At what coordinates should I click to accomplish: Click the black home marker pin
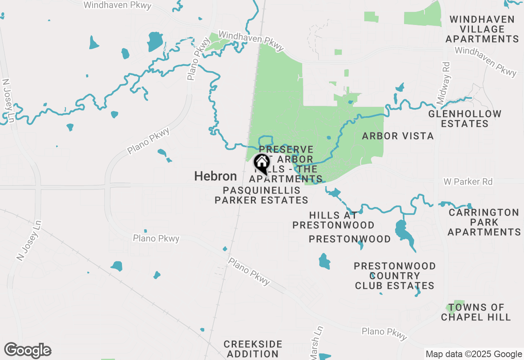pos(262,164)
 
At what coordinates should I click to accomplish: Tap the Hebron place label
pos(215,176)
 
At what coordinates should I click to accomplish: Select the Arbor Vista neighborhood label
pos(398,136)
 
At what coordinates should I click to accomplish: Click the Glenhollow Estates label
pos(465,119)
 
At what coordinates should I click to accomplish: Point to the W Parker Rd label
pos(468,181)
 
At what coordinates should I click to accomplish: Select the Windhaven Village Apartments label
pos(482,29)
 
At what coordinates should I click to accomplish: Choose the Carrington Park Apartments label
pos(483,222)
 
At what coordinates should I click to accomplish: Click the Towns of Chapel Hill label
pos(476,312)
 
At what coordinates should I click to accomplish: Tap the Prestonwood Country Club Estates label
pos(395,276)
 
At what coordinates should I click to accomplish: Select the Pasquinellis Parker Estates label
pos(261,195)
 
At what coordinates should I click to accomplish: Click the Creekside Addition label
pos(253,349)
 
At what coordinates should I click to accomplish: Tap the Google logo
pos(28,351)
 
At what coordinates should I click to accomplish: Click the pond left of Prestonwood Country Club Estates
pos(324,261)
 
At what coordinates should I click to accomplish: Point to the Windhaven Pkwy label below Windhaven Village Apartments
pos(486,61)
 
